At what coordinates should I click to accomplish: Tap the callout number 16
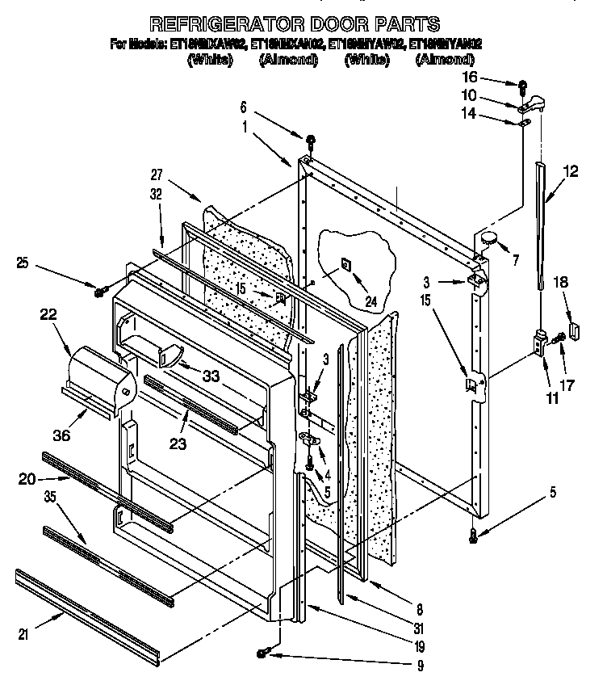[492, 77]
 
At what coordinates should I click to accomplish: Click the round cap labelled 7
[488, 237]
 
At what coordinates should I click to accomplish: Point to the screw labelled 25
[101, 291]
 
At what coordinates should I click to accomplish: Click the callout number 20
[26, 479]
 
